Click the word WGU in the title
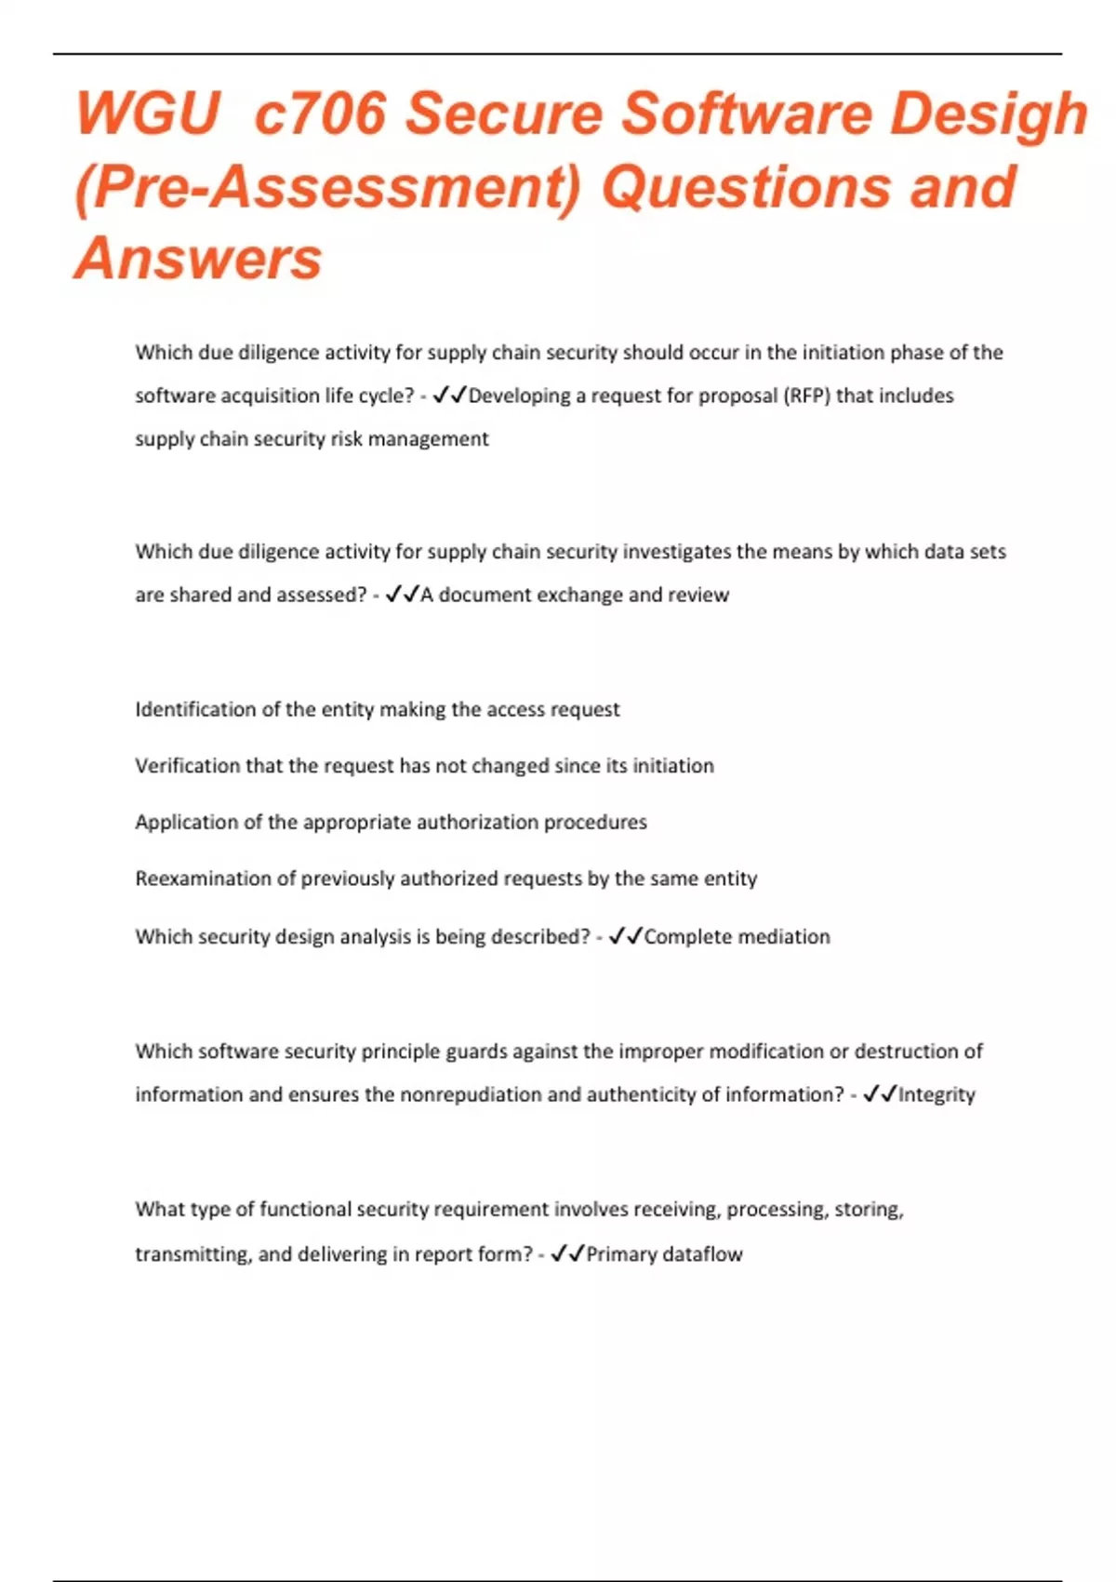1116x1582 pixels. click(147, 114)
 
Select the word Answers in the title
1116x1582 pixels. click(198, 258)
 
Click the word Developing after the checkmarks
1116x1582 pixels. click(519, 395)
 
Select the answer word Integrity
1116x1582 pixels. click(937, 1094)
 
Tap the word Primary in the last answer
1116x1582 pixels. click(621, 1254)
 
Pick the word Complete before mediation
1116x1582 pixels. click(684, 936)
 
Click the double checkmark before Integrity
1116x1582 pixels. click(879, 1094)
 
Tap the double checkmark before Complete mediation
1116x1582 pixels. click(625, 936)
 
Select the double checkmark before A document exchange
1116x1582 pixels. click(402, 595)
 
